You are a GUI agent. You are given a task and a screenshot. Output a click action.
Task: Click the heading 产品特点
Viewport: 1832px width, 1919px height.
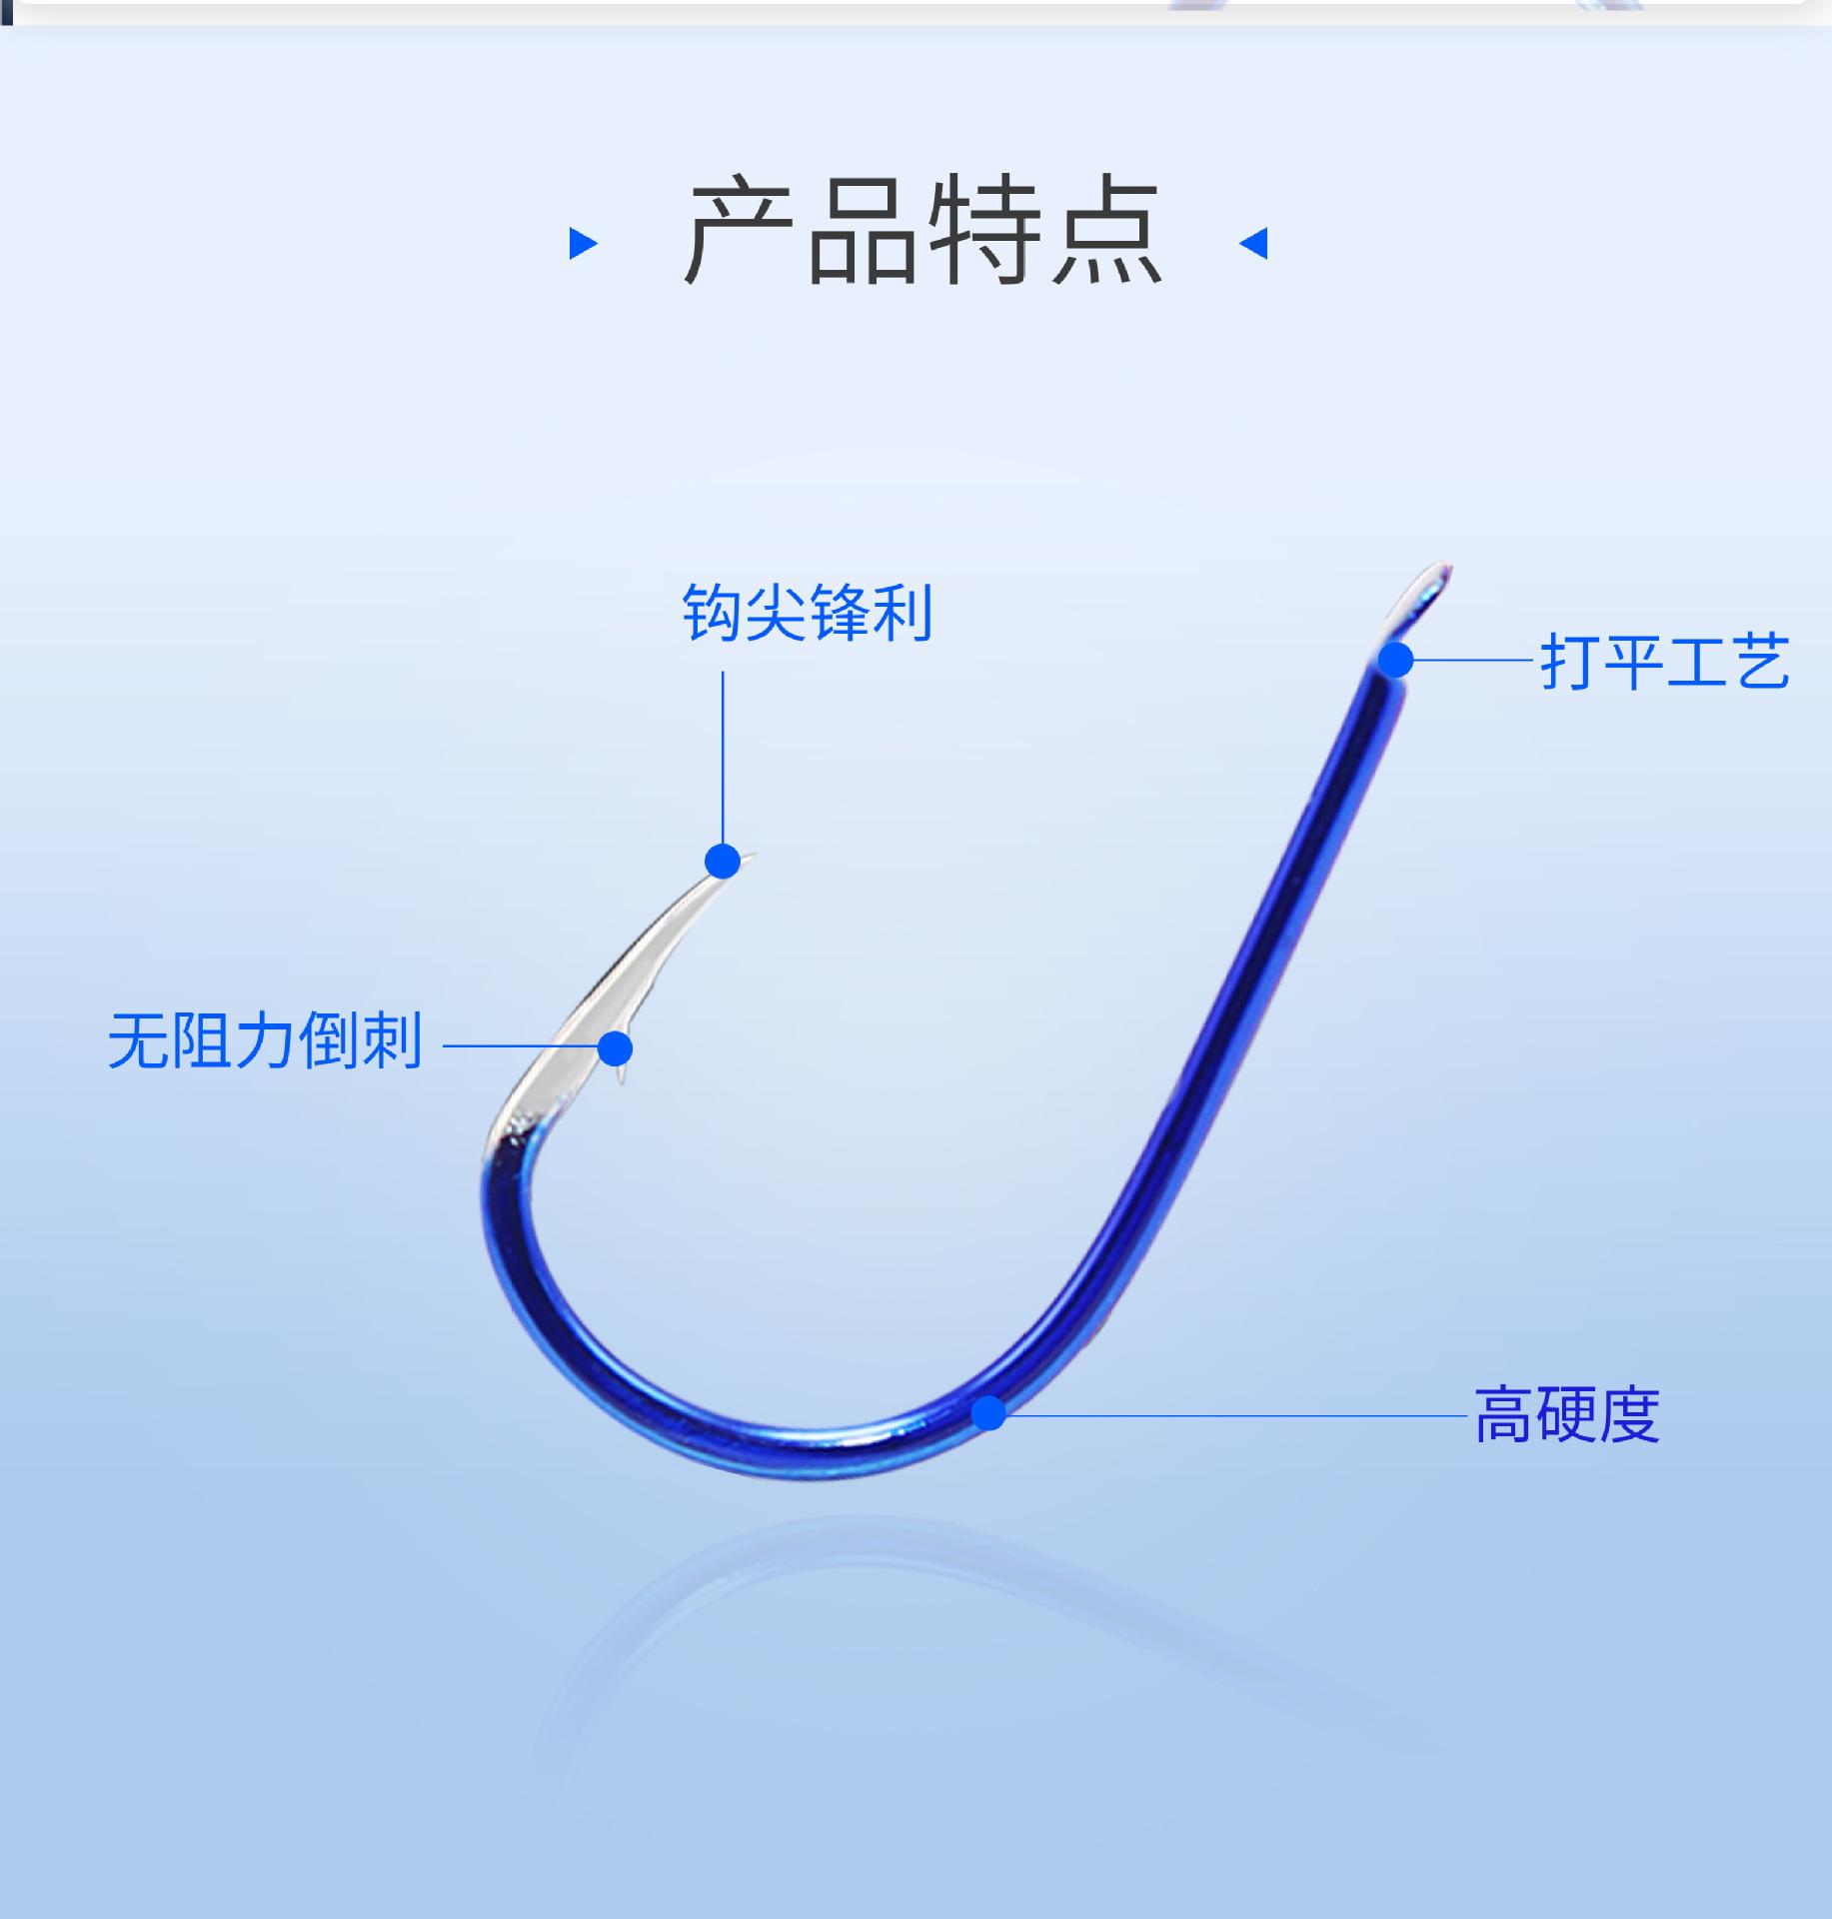(x=922, y=233)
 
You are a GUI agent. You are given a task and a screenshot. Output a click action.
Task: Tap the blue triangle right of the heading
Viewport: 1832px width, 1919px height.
(x=1254, y=243)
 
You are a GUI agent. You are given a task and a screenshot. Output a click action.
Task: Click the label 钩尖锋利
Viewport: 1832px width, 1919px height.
(x=808, y=612)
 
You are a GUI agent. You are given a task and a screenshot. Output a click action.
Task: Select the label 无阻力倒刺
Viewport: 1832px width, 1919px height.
(x=265, y=1041)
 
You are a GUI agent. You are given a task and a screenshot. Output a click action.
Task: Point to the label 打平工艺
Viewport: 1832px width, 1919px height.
(x=1664, y=661)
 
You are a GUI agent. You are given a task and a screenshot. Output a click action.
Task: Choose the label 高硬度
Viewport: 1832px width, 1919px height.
(x=1567, y=1414)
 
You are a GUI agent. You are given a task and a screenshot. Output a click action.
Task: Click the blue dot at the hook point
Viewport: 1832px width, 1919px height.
(x=723, y=861)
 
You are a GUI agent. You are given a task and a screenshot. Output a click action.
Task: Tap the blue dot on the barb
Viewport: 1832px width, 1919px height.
(x=616, y=1048)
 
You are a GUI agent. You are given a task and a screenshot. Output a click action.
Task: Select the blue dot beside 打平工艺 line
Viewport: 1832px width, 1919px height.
(x=1396, y=661)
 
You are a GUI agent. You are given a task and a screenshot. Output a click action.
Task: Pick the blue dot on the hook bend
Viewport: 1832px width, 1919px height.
(x=989, y=1412)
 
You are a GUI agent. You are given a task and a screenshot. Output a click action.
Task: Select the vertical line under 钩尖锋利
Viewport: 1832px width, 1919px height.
(x=723, y=760)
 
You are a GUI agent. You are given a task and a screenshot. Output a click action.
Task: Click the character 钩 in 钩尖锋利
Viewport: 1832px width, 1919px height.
(x=713, y=612)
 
